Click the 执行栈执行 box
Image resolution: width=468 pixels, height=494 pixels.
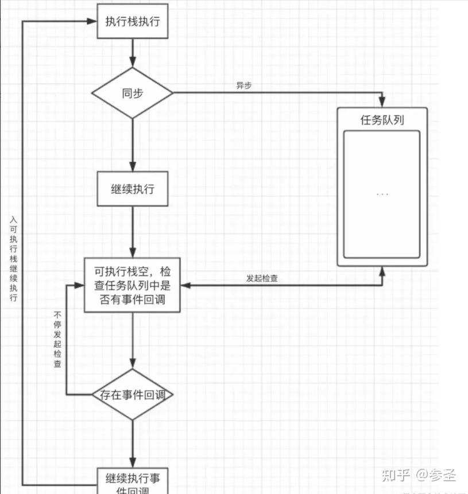(x=133, y=21)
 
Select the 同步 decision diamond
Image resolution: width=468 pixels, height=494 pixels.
(x=133, y=93)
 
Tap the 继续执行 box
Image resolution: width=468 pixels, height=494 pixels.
(x=133, y=188)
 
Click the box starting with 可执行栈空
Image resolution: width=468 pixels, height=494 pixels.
(x=133, y=285)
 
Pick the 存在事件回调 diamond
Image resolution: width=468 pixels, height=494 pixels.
(x=133, y=395)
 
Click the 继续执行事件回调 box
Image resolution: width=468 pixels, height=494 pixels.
(x=133, y=481)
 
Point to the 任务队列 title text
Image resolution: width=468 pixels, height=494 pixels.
(x=382, y=120)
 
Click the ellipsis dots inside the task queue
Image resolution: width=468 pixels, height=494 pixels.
(x=382, y=195)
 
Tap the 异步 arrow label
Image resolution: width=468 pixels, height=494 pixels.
(x=244, y=85)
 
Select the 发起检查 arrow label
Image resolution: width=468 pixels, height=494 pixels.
(x=262, y=278)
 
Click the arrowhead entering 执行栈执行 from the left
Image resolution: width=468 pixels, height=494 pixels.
(x=92, y=21)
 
